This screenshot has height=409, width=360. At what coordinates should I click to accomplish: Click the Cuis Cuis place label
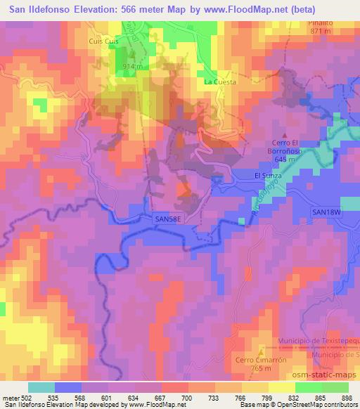tap(101, 41)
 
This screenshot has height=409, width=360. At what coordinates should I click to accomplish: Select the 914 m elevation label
tap(134, 65)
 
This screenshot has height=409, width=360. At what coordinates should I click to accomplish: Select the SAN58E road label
tap(167, 219)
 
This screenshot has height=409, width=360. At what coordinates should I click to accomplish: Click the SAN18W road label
tap(326, 212)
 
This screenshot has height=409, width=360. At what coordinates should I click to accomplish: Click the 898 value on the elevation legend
tap(347, 397)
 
